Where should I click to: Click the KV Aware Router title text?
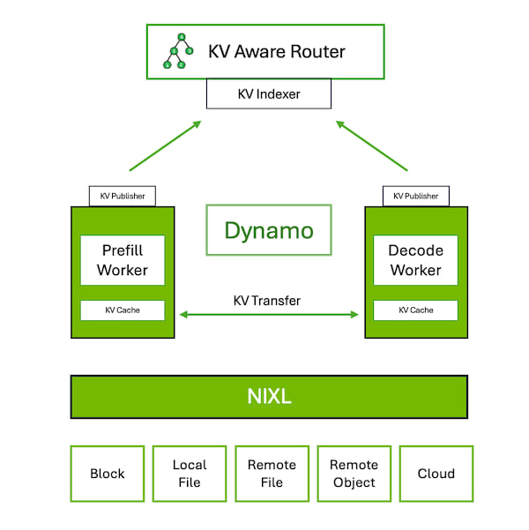click(x=276, y=50)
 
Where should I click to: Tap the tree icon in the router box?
click(x=177, y=51)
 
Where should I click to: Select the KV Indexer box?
click(x=268, y=93)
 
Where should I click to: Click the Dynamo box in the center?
click(x=268, y=230)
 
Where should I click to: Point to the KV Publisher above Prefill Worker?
click(x=123, y=196)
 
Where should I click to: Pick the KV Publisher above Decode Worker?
click(x=416, y=196)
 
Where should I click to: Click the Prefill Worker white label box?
click(x=123, y=260)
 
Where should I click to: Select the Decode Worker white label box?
click(x=415, y=260)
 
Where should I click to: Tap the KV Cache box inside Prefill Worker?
click(x=123, y=310)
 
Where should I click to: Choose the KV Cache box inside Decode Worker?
click(x=415, y=310)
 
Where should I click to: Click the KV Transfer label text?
click(x=266, y=301)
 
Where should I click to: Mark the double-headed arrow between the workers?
click(x=269, y=315)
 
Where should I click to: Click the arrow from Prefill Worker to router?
click(x=165, y=146)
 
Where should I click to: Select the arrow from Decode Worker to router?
click(x=371, y=146)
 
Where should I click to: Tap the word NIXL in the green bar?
click(x=269, y=396)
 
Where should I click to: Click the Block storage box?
click(x=108, y=474)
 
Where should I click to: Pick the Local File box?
click(x=190, y=474)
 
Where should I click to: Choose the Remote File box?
click(x=272, y=474)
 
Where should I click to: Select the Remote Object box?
click(x=354, y=474)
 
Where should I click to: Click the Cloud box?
click(x=436, y=474)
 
